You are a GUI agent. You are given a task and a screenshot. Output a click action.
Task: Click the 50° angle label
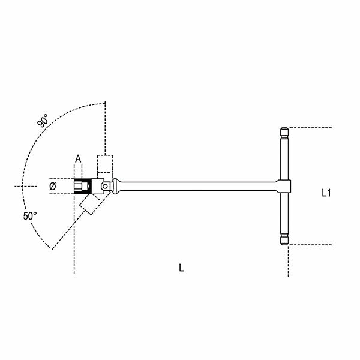[31, 215]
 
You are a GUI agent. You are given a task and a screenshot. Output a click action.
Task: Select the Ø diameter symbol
[52, 187]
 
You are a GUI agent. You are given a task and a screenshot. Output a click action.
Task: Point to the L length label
[181, 268]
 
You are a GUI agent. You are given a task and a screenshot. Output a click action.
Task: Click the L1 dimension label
[326, 193]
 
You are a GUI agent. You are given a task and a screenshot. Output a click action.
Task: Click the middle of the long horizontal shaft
[198, 186]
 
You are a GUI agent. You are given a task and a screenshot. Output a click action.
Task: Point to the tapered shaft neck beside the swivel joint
[120, 186]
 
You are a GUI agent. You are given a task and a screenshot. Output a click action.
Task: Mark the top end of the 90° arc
[105, 103]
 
